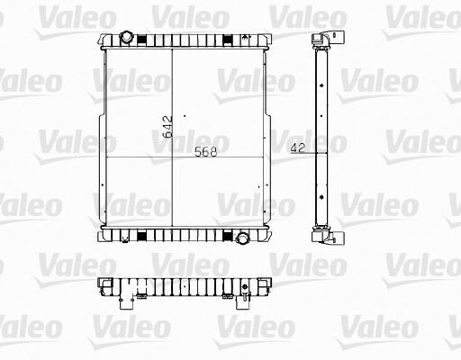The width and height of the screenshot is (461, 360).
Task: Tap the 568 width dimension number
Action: [206, 152]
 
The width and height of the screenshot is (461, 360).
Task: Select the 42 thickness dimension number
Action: [296, 148]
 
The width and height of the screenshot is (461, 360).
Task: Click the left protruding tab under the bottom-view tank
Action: [117, 304]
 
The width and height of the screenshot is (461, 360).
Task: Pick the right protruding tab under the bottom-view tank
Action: [246, 304]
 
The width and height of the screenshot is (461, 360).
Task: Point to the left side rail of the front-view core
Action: [104, 135]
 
